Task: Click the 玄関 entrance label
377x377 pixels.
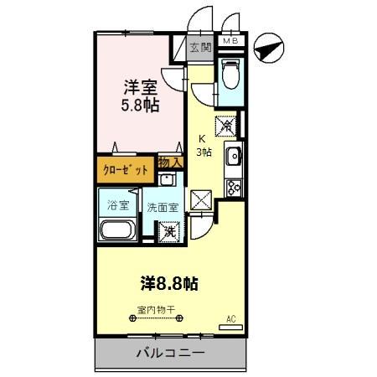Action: point(199,48)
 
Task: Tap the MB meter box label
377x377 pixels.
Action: point(229,39)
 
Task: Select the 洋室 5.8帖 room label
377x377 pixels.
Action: point(141,96)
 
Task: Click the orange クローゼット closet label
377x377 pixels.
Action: point(126,170)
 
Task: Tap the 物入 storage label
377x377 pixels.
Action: point(170,162)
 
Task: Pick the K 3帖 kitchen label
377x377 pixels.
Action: point(204,146)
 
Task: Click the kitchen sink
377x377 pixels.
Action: point(233,157)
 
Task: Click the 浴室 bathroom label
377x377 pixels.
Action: point(115,205)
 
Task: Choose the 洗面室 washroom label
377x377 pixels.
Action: point(163,207)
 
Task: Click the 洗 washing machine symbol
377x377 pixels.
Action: point(169,231)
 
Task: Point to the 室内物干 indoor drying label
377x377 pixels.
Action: point(157,309)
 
